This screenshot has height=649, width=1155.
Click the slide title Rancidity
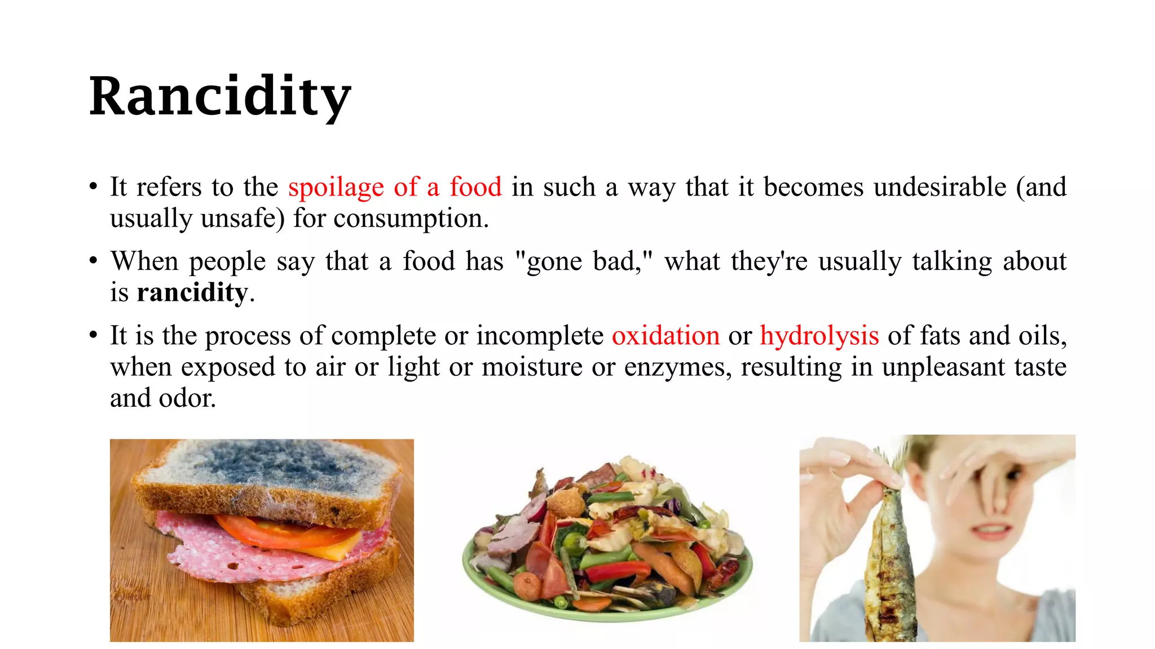click(220, 97)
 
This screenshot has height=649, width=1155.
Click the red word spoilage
click(336, 188)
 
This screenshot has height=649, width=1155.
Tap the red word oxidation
click(665, 336)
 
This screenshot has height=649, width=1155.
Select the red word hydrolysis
click(819, 336)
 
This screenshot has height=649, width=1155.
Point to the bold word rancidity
click(192, 292)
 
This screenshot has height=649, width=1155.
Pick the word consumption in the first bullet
click(411, 219)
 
